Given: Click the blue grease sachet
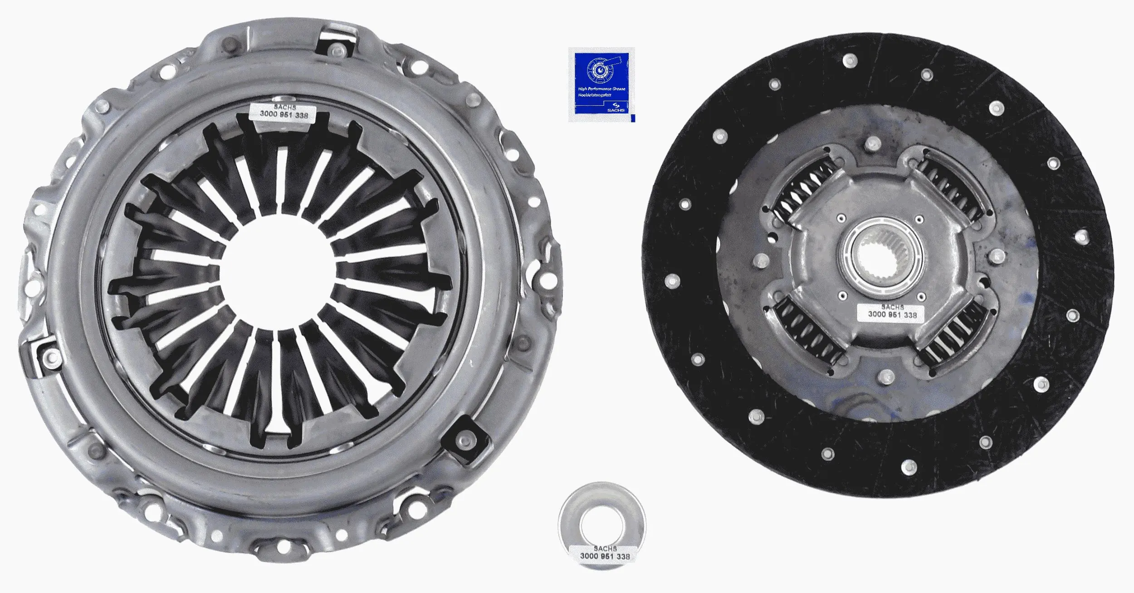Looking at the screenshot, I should point(601,85).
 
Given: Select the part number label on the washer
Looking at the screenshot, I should point(604,553).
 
